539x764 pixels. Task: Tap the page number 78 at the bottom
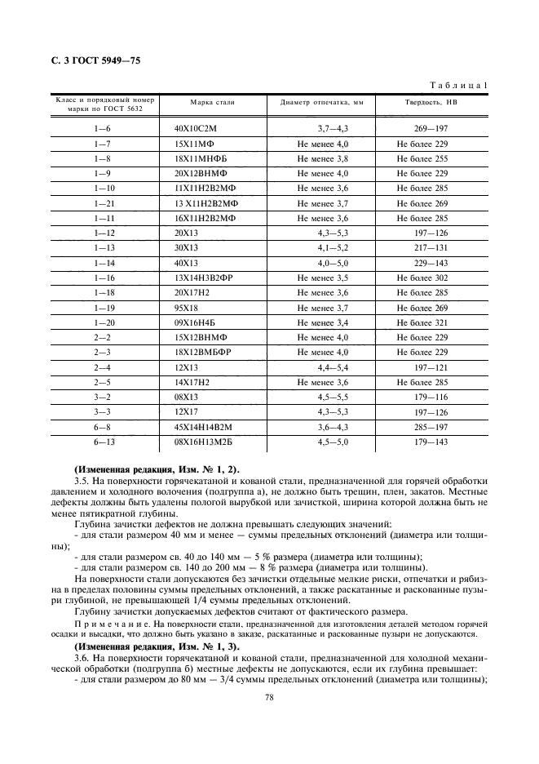pos(269,696)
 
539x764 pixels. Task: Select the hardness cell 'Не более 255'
pos(422,158)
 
